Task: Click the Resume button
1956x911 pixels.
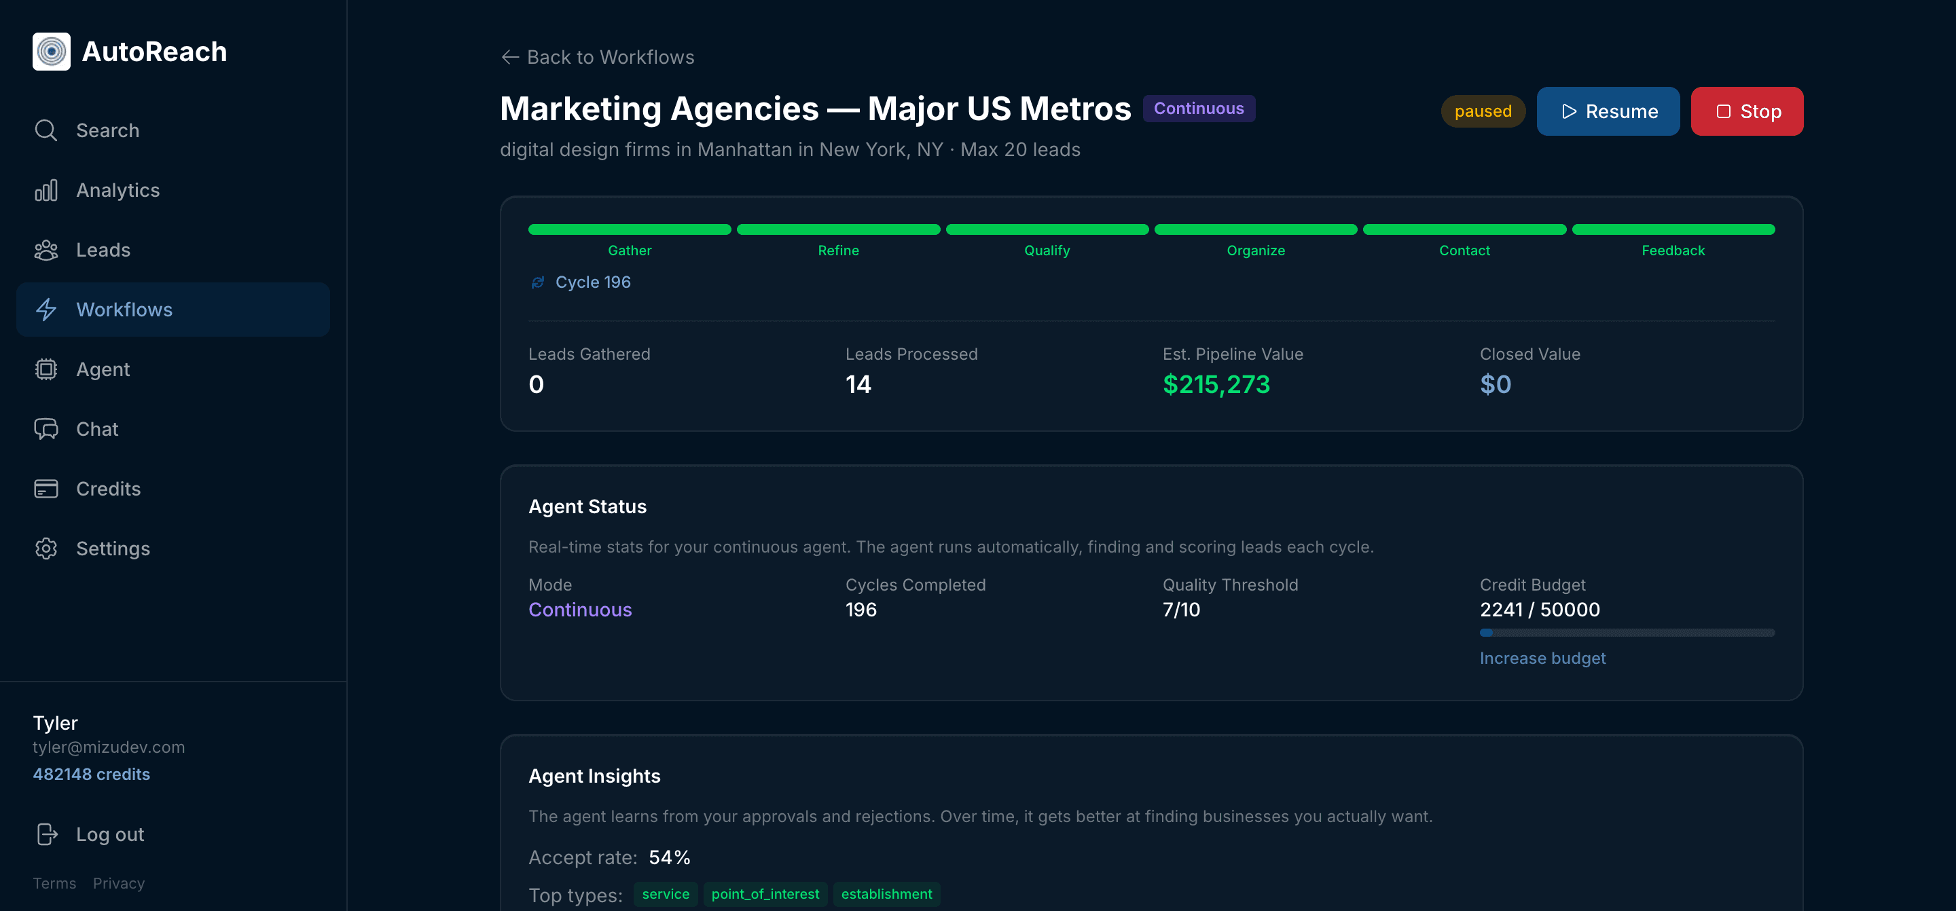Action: (1608, 111)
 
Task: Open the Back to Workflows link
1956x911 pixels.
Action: (598, 57)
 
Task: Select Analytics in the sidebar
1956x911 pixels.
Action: (117, 191)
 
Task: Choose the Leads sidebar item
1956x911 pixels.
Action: (103, 250)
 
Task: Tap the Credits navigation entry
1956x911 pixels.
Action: (108, 489)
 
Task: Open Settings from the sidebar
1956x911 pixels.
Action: (112, 549)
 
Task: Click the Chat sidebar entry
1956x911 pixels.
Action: (96, 429)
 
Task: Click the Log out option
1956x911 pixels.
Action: (109, 834)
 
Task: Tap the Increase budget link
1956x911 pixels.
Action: (1542, 658)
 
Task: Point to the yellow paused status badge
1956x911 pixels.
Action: (1482, 111)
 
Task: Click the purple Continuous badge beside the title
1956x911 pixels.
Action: (1198, 109)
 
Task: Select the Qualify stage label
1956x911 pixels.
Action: (1047, 250)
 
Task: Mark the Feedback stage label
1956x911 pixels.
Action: (1673, 250)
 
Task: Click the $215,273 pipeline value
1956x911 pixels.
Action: (1216, 385)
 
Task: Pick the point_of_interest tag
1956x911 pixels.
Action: (765, 894)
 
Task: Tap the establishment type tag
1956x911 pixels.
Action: (886, 894)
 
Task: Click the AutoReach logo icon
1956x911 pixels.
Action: (52, 52)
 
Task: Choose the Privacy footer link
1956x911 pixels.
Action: (118, 884)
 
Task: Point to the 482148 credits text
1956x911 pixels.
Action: (91, 775)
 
